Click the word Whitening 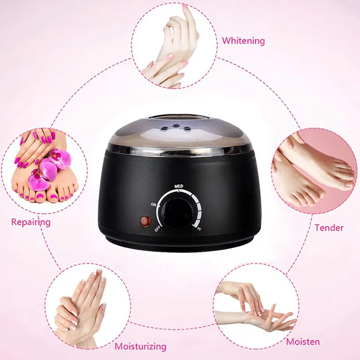(243, 40)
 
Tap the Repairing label (31, 222)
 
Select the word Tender (329, 227)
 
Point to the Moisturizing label (140, 346)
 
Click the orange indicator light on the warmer (145, 221)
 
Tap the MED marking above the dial (178, 185)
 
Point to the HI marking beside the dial (199, 229)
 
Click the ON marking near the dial (154, 204)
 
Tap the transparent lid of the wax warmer (180, 124)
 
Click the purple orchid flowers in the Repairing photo (49, 169)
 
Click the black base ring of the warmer (180, 247)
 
